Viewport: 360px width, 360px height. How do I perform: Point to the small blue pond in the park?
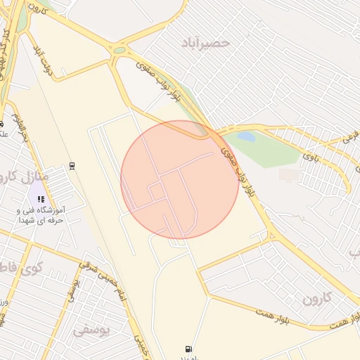[x=246, y=136]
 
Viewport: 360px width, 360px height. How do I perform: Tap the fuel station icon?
[x=188, y=348]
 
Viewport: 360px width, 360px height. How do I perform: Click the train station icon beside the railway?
[x=72, y=166]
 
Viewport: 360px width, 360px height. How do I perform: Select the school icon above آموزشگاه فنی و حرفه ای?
[x=41, y=198]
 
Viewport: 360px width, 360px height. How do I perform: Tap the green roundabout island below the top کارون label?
[x=119, y=50]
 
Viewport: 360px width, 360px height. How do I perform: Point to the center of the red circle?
[x=180, y=179]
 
